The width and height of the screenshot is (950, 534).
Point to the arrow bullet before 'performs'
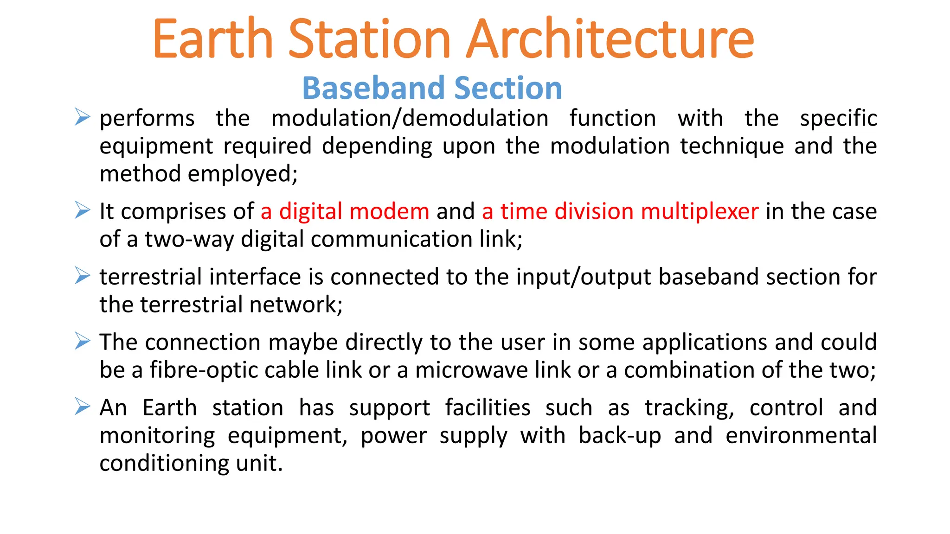83,117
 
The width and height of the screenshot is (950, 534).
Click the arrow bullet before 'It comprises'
83,210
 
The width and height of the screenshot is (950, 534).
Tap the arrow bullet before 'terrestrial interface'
83,276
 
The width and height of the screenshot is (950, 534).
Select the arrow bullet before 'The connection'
83,341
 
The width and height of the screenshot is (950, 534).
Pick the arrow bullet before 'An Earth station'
83,407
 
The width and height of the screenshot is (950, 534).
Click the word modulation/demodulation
410,118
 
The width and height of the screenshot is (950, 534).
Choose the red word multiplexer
700,212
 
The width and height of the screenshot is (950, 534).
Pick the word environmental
801,436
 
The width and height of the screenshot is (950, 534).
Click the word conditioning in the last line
164,464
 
